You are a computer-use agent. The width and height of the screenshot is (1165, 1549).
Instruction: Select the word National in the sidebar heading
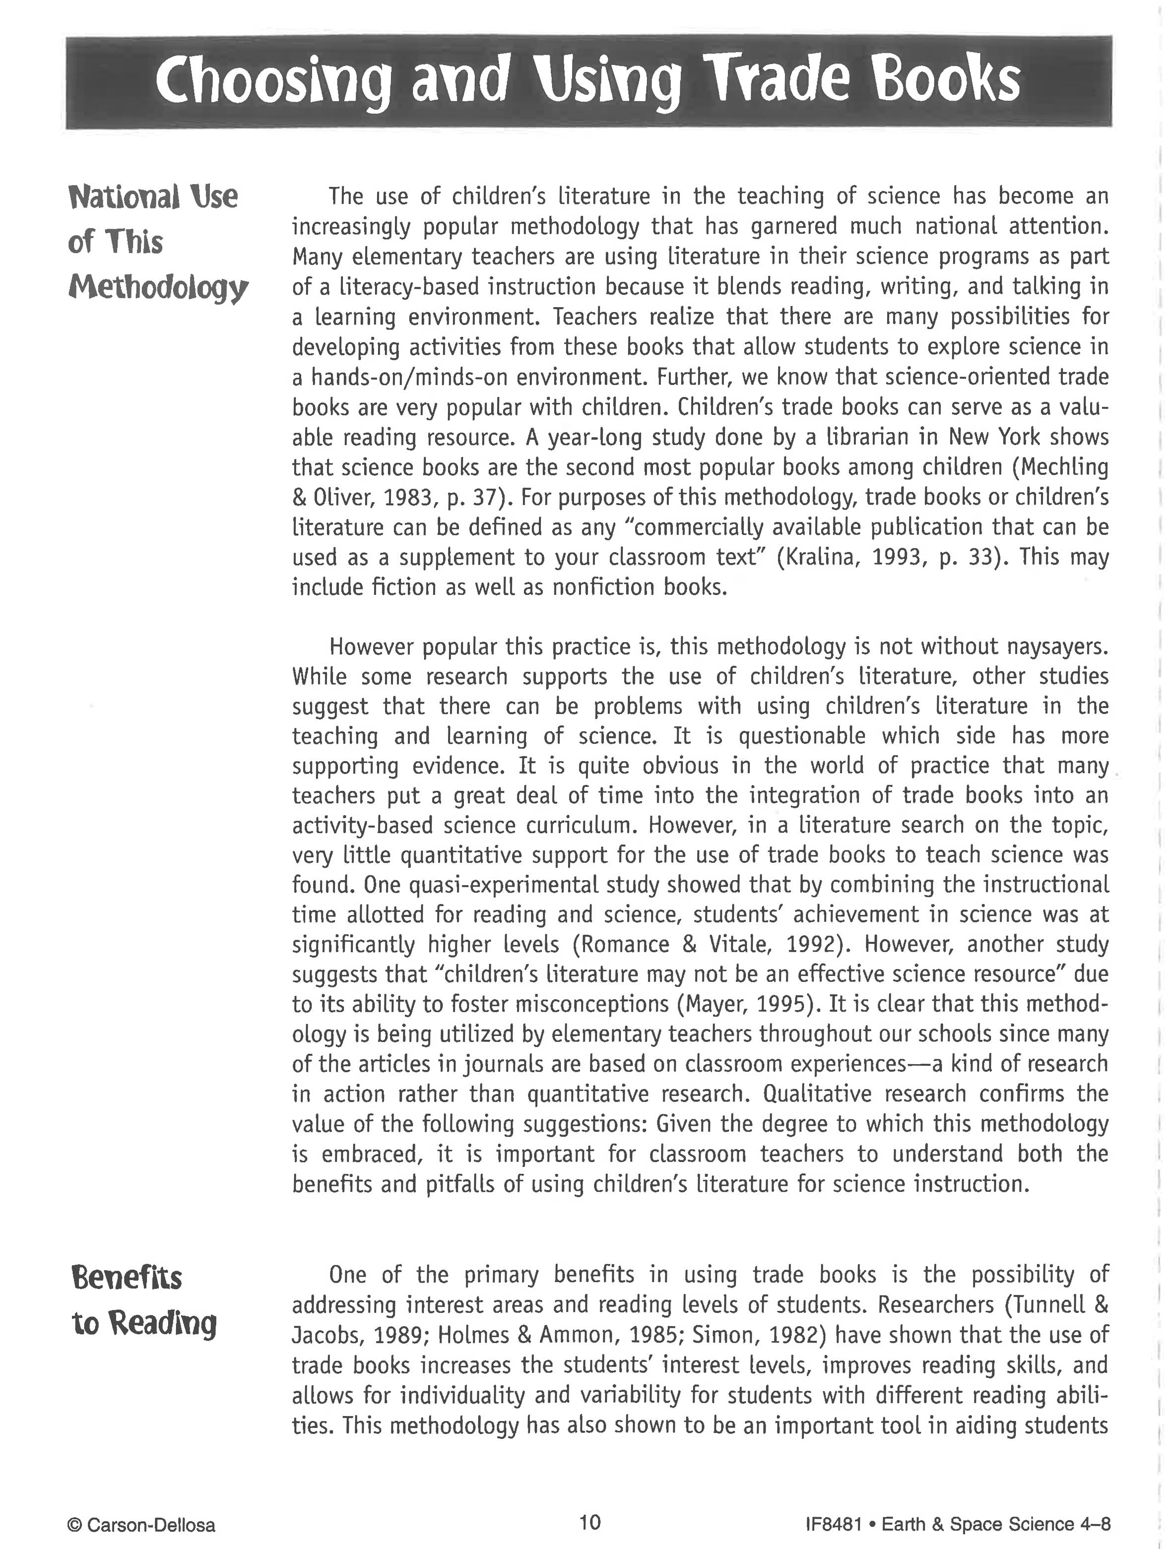point(123,197)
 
